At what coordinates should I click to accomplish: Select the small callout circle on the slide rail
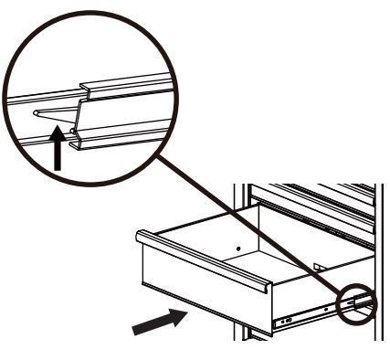[357, 303]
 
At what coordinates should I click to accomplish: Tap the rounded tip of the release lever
[37, 112]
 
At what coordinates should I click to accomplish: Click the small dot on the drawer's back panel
[237, 246]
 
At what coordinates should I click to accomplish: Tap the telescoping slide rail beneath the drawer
[311, 316]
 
